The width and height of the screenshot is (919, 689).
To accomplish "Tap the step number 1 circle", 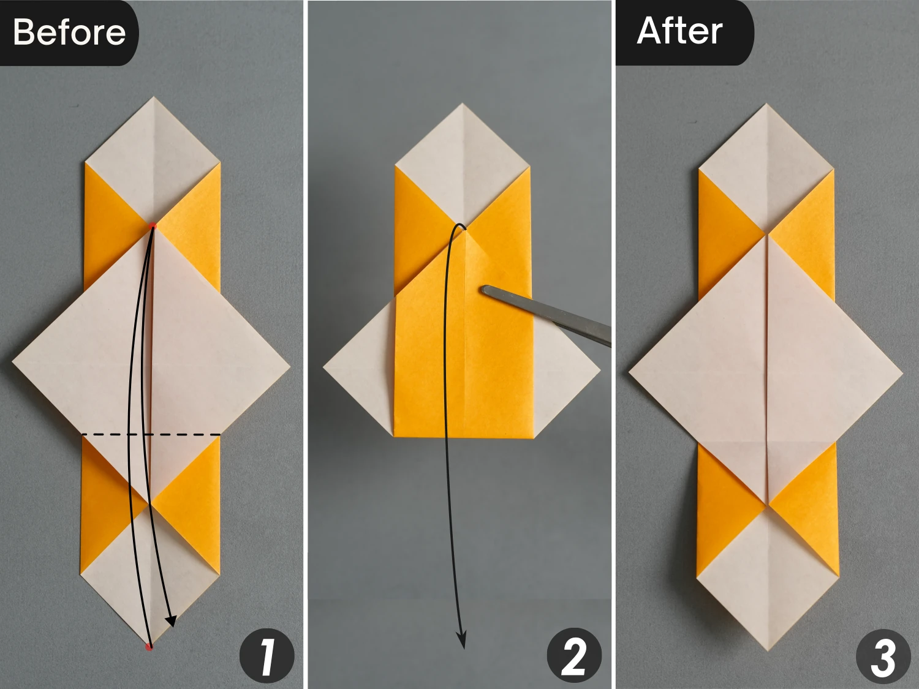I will pos(267,656).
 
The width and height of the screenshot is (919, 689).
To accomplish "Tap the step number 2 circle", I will pos(574,655).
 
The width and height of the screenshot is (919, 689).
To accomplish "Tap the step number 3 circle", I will pos(883,657).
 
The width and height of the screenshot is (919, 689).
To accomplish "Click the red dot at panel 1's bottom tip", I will pos(148,647).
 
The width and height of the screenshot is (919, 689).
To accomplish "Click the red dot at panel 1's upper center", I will pos(153,227).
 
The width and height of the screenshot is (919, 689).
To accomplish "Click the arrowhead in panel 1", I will pos(172,621).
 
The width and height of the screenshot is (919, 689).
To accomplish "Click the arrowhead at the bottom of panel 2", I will pos(462,641).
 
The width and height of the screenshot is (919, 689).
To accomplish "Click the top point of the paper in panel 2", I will pos(463,105).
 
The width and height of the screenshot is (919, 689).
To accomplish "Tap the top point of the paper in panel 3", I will pos(766,105).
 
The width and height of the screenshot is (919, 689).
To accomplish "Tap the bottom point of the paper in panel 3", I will pos(767,649).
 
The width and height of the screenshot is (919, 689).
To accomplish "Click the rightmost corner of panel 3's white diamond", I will pos(901,371).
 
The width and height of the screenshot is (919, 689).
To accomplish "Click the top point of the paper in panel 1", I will pos(153,98).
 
